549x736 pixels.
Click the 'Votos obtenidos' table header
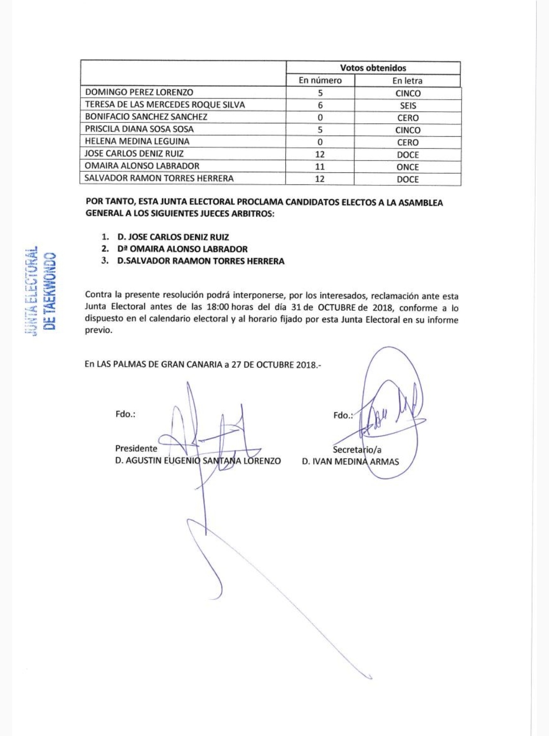click(373, 68)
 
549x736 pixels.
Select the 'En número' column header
click(320, 80)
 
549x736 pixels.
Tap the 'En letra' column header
click(407, 81)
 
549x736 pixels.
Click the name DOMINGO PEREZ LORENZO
click(139, 92)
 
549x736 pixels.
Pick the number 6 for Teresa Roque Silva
click(320, 105)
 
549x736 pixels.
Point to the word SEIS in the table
click(408, 106)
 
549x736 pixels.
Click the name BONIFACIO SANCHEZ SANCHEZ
click(146, 117)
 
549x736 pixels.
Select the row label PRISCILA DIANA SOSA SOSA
click(139, 129)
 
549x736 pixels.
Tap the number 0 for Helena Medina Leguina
click(320, 142)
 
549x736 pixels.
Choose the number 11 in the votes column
click(320, 167)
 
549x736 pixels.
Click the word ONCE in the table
click(408, 167)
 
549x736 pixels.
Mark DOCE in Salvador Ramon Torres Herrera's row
click(408, 179)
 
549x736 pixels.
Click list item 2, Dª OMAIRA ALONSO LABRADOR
click(182, 249)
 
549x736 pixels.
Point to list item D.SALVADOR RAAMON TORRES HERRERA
click(201, 261)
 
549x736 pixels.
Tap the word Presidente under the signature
click(136, 449)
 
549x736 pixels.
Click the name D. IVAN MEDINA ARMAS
click(350, 462)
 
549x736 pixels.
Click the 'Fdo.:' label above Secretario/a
click(343, 415)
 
